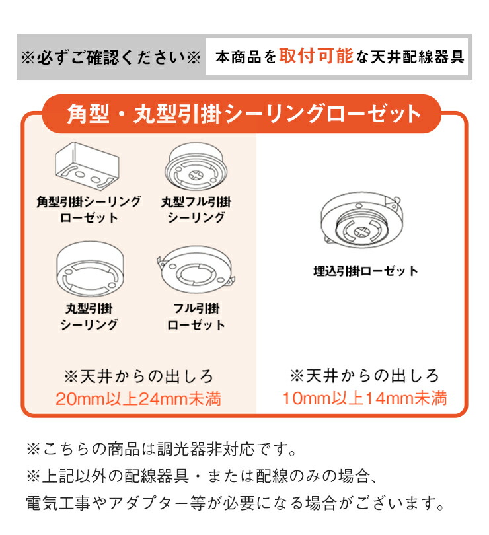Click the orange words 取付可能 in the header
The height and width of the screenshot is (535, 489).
coord(316,56)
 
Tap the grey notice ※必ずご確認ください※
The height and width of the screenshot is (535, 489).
coord(110,57)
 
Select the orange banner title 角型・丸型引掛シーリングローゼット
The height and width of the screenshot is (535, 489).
coord(244,114)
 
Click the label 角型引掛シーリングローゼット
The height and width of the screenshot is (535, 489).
coord(89,209)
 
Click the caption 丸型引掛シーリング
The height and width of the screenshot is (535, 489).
coord(89,316)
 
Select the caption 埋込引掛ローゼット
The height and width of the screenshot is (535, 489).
coord(365,271)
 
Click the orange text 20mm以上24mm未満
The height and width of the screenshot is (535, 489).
coord(137,398)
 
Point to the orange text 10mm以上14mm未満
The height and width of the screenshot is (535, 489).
coord(364,398)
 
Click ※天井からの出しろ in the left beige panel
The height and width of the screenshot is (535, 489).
coord(138,376)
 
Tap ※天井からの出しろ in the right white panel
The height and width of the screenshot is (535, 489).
coord(364,376)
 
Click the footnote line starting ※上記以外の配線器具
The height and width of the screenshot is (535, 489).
coord(201,477)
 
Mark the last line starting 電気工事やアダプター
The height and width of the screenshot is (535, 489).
coord(235,504)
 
